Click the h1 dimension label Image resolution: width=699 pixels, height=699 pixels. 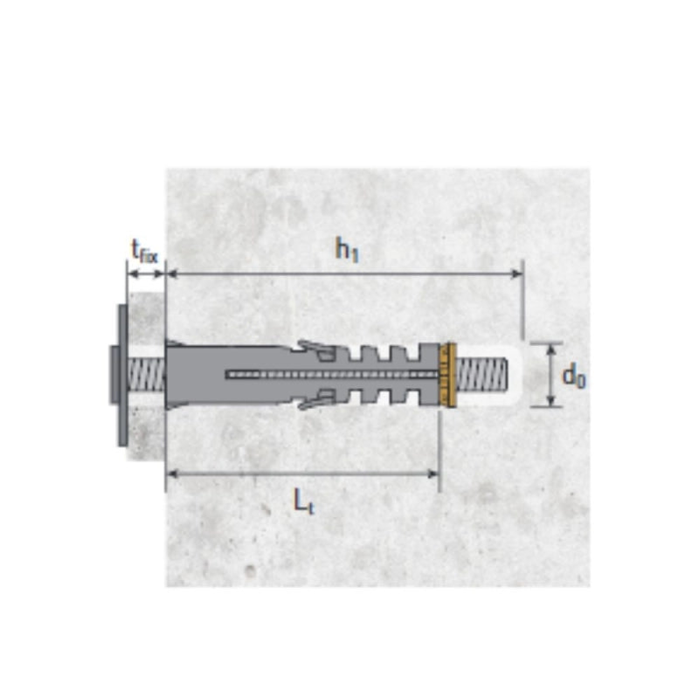tap(347, 249)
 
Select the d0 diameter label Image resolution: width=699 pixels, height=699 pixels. tap(574, 377)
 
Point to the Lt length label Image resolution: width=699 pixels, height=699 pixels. tap(303, 501)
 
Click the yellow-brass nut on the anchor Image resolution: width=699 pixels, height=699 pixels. tap(447, 375)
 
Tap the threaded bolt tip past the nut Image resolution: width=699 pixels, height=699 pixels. tap(482, 375)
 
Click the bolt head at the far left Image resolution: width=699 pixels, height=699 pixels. tap(114, 376)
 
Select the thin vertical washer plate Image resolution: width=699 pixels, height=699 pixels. tap(122, 375)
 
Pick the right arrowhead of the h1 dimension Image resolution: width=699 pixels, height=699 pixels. tap(516, 273)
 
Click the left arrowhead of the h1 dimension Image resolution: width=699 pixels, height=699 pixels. tap(171, 273)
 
